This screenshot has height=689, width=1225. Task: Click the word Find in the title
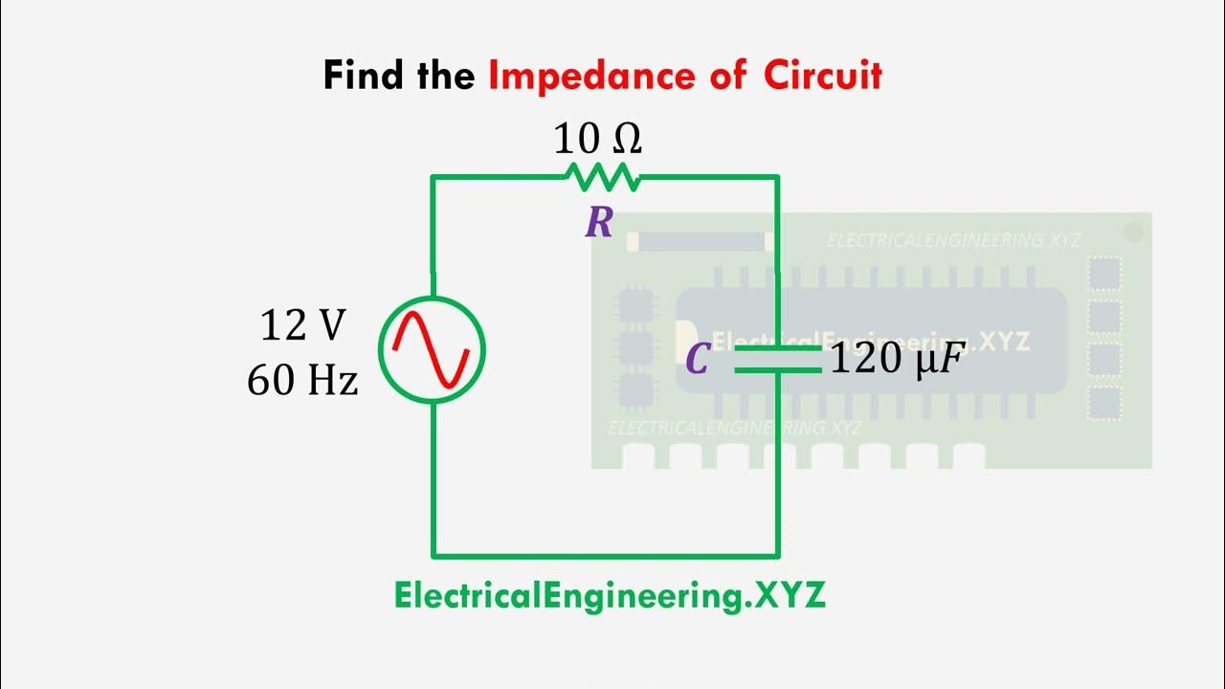(x=364, y=75)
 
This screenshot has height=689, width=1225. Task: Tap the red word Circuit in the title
(x=822, y=75)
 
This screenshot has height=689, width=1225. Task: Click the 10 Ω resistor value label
(x=597, y=141)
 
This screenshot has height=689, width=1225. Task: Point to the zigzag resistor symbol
(x=603, y=177)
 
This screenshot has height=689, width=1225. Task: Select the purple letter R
(x=599, y=224)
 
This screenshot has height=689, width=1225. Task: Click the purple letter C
(x=698, y=360)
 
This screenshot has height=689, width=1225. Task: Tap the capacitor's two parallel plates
(x=777, y=359)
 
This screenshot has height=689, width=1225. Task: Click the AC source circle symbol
(x=433, y=350)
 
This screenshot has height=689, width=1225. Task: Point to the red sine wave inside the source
(x=433, y=350)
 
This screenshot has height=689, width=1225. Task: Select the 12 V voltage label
(x=302, y=327)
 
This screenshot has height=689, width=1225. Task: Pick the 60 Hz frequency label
(x=302, y=381)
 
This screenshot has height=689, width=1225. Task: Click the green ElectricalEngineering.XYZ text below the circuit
(x=609, y=596)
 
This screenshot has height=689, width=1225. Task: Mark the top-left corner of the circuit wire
(x=434, y=177)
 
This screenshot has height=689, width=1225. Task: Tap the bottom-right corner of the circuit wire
(x=777, y=554)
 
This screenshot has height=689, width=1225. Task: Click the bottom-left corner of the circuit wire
(x=434, y=554)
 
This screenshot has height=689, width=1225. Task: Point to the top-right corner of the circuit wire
(x=777, y=177)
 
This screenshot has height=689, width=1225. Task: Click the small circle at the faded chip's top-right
(x=1134, y=232)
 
